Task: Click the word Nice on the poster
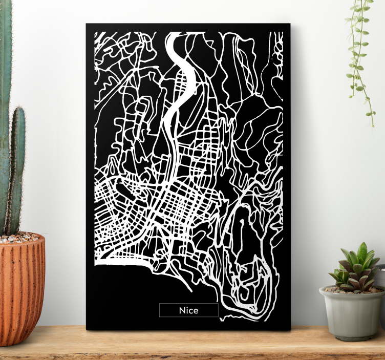pos(188,310)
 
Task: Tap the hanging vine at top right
pos(361,51)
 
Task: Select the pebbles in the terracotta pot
pos(19,238)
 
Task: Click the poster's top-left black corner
pos(89,27)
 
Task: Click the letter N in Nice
pos(182,310)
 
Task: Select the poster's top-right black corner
pos(287,27)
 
